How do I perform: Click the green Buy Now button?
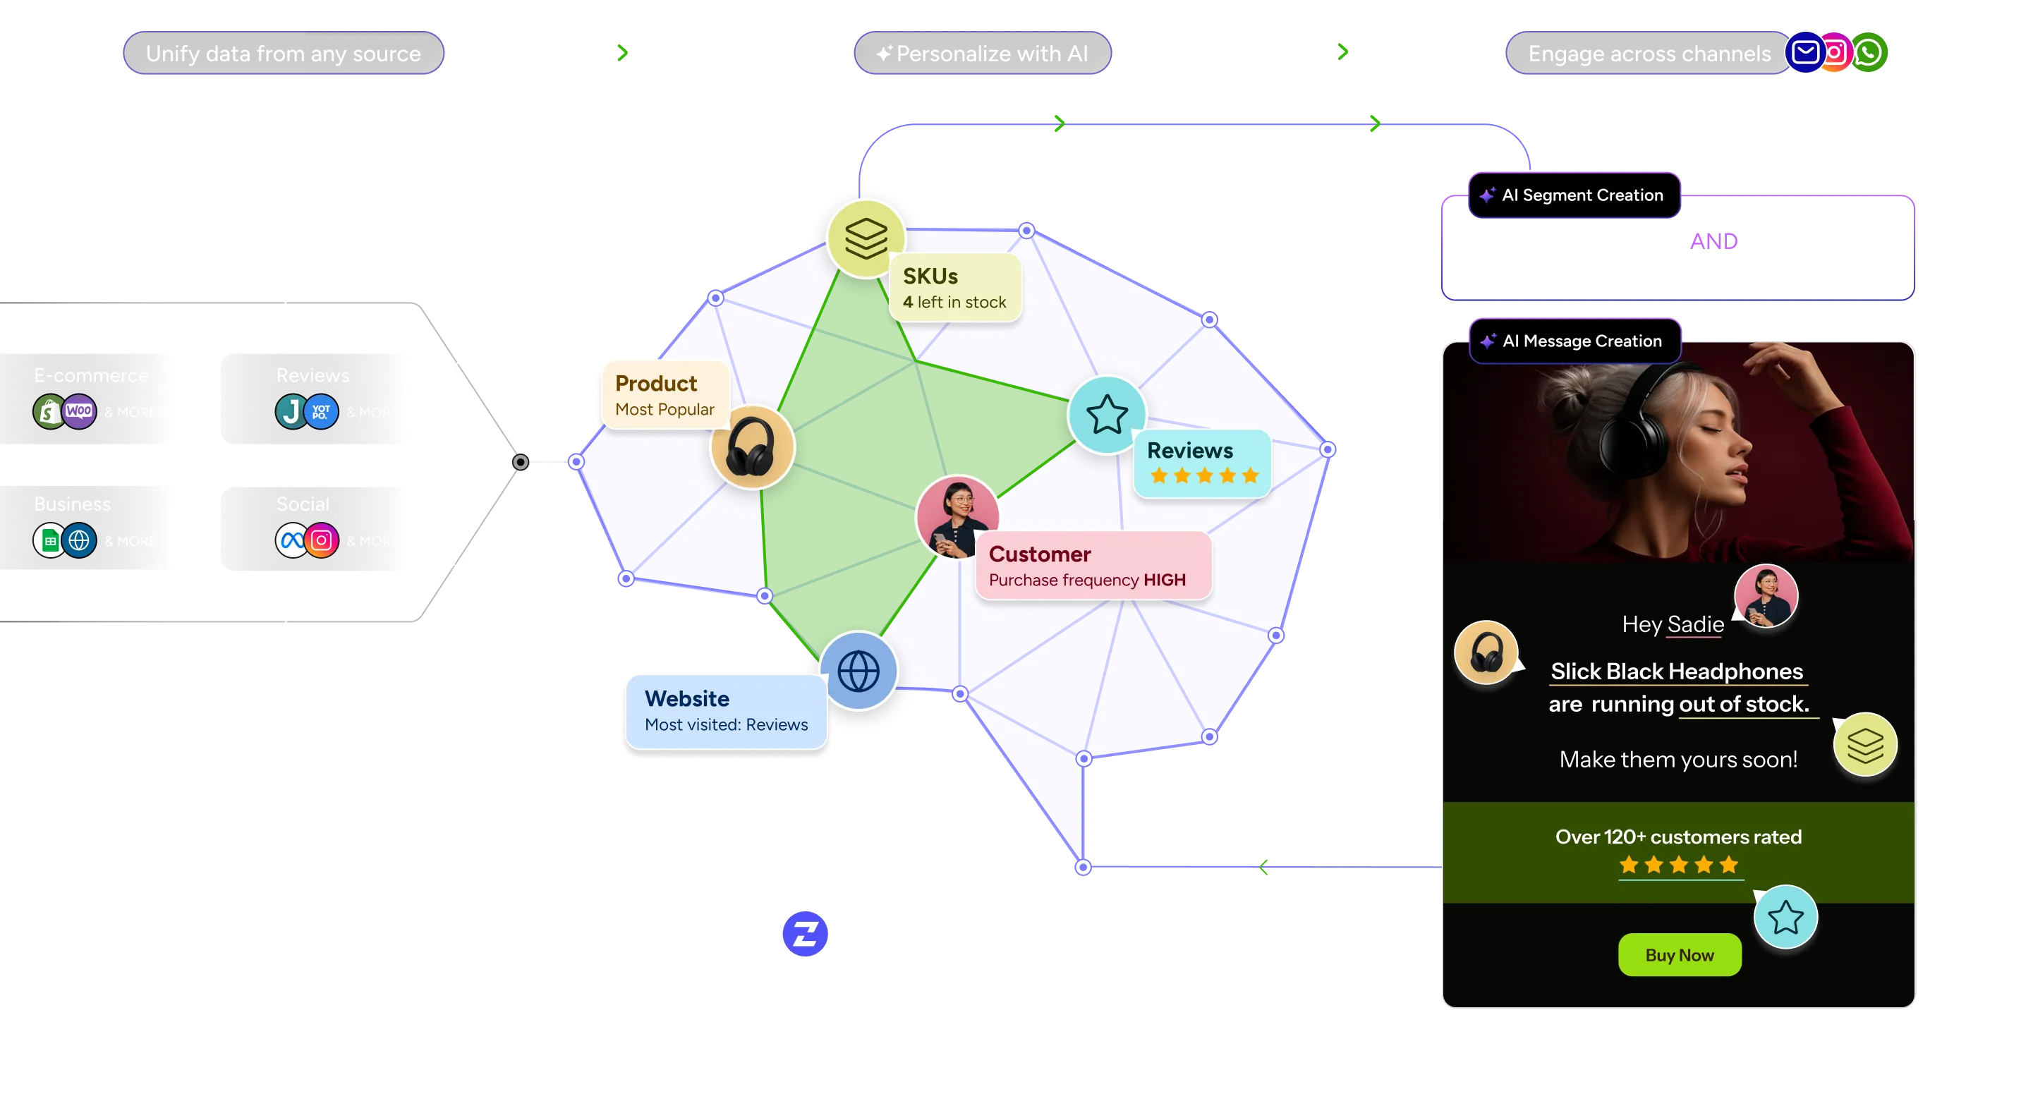(1679, 954)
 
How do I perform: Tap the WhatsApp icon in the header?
(1868, 53)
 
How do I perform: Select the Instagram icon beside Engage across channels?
(1835, 53)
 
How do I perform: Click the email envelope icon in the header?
(1805, 53)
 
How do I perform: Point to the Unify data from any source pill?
(283, 54)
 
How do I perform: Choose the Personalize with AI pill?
(983, 54)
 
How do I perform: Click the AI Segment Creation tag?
(1574, 195)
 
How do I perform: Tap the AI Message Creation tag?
(1574, 341)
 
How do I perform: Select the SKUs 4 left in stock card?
(955, 288)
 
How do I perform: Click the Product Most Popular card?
(664, 394)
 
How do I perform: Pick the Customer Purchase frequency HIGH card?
(1093, 566)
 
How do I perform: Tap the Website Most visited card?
(725, 711)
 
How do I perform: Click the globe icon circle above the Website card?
(858, 671)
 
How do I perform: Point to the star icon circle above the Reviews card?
(1107, 414)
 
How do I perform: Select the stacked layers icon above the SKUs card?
(866, 238)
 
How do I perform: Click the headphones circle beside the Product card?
(751, 447)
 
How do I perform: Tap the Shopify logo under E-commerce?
(49, 411)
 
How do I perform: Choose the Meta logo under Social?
(291, 540)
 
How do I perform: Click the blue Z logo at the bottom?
(804, 934)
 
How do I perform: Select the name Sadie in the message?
(1695, 624)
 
